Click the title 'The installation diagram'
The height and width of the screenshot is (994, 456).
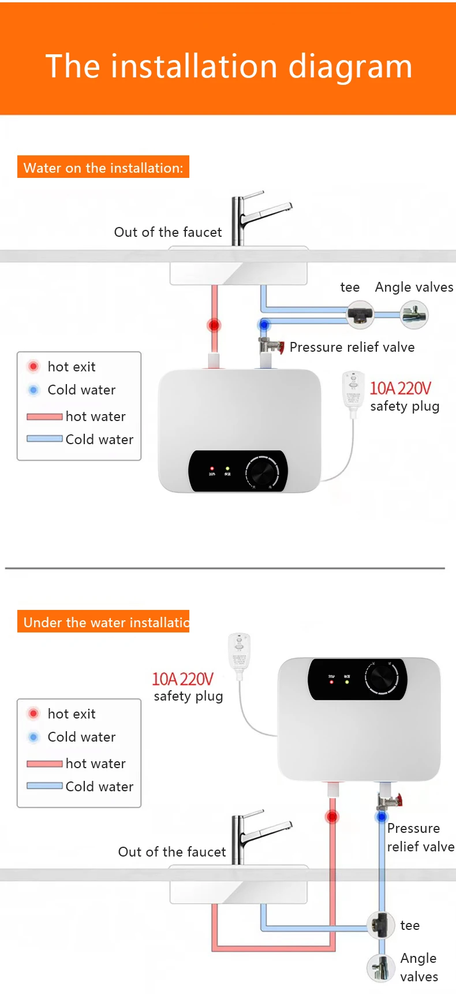tap(229, 66)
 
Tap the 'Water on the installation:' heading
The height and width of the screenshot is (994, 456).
tap(103, 167)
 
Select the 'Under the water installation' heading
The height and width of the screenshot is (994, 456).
tap(103, 622)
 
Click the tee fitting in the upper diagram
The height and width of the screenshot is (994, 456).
tap(361, 315)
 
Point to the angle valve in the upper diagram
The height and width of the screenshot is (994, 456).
tap(414, 315)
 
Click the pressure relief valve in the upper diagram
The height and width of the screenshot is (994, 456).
tap(271, 347)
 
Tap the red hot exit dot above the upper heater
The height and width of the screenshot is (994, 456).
tap(214, 325)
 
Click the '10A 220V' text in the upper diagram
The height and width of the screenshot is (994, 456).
tap(400, 388)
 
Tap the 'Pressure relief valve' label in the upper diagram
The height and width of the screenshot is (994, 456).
tap(352, 347)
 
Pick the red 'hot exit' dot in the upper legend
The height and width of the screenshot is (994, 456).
tap(33, 366)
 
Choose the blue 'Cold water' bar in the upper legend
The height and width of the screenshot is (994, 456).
tap(44, 439)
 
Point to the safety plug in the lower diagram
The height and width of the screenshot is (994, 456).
tap(239, 652)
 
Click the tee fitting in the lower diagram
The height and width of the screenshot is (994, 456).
tap(382, 925)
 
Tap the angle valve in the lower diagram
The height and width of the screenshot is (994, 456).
tap(381, 967)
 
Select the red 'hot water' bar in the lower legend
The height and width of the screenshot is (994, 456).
tap(44, 764)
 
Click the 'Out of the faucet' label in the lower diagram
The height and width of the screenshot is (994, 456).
tap(172, 852)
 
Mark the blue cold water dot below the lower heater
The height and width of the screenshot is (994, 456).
tap(382, 817)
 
